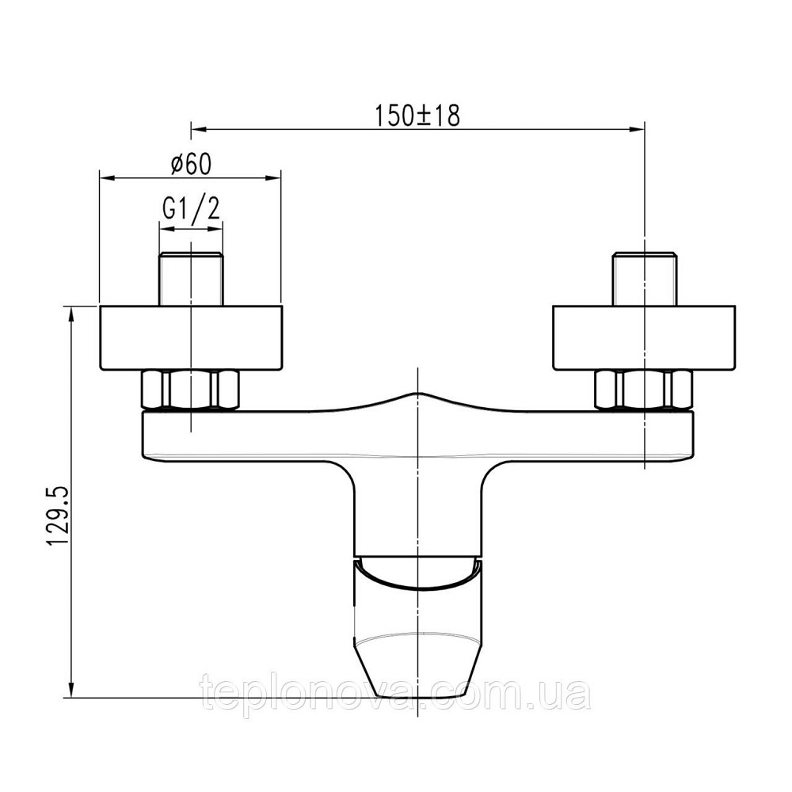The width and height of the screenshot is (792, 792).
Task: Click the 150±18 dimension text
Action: pos(417,116)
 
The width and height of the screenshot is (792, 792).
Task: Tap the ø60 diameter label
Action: pos(190,164)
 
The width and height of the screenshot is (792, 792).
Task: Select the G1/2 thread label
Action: pos(192,208)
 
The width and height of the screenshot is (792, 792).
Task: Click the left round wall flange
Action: pos(191,338)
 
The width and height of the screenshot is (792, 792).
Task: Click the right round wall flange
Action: pos(644,338)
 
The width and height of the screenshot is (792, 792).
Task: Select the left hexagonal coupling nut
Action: pos(191,390)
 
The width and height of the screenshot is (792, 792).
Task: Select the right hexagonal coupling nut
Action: pos(644,390)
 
